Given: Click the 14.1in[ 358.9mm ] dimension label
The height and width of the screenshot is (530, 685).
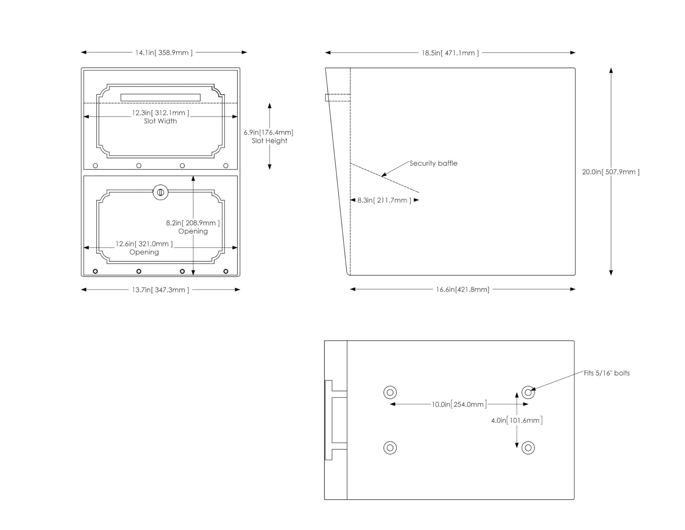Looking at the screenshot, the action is click(164, 53).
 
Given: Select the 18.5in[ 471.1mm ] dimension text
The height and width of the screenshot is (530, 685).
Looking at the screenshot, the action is click(450, 53).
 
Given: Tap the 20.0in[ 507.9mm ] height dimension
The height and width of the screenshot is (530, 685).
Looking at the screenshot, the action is click(611, 172).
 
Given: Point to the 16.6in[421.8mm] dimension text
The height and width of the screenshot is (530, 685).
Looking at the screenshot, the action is click(463, 289).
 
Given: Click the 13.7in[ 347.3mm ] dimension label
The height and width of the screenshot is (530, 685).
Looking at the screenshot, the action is click(161, 290).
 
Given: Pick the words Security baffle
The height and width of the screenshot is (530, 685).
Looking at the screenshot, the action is click(433, 163).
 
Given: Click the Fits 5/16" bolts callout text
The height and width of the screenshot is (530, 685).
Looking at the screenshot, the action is click(607, 373).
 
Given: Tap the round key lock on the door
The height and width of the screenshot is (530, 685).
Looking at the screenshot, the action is click(161, 192).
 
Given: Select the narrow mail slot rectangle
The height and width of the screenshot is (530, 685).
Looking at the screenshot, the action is click(161, 98).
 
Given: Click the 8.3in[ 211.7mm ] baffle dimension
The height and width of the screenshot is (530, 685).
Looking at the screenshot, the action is click(384, 200).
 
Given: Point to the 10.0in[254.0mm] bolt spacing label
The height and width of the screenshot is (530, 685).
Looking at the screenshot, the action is click(459, 404).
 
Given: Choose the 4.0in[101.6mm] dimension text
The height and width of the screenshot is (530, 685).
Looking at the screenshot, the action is click(517, 420).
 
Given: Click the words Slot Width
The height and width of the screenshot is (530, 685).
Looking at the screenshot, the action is click(160, 121).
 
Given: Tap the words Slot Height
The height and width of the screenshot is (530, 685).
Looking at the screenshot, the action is click(269, 141).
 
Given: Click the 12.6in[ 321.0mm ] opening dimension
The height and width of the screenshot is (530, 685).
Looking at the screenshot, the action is click(144, 244).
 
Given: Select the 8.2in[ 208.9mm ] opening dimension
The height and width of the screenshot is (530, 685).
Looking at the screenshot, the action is click(193, 223).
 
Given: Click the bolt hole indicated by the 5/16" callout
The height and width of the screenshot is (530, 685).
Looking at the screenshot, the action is click(528, 392).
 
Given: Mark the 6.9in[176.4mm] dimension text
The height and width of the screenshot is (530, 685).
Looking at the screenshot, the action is click(269, 132).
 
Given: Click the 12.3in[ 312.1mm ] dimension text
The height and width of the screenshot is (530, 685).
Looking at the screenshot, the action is click(161, 113).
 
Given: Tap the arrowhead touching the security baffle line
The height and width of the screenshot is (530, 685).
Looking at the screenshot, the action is click(384, 174).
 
